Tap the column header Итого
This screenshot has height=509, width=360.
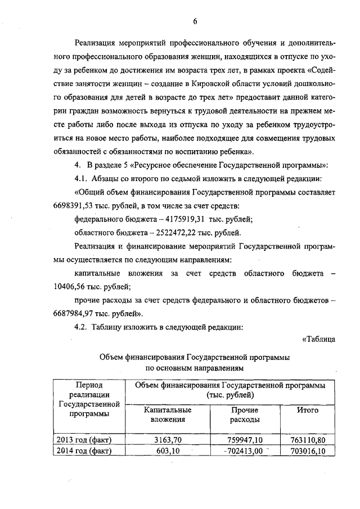307,411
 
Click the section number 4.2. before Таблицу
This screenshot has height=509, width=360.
82,326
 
